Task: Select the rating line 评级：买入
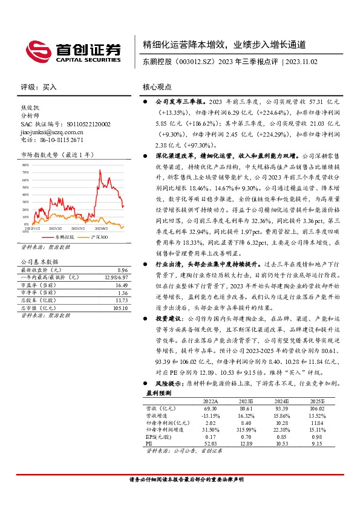(39, 86)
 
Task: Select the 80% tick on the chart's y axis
(25, 164)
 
